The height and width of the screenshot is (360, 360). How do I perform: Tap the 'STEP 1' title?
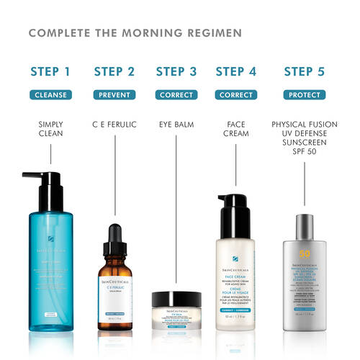[50, 71]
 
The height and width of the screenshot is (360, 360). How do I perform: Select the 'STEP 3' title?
[176, 71]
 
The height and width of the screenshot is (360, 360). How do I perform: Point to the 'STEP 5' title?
[309, 71]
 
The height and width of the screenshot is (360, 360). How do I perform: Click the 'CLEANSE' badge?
[50, 94]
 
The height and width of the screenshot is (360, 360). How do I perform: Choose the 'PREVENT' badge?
[114, 94]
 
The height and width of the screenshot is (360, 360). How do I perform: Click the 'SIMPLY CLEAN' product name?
[50, 130]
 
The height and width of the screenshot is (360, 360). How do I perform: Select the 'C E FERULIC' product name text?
[114, 125]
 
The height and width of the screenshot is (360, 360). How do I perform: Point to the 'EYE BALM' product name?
[176, 125]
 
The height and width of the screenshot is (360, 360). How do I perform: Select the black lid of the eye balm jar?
[176, 296]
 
